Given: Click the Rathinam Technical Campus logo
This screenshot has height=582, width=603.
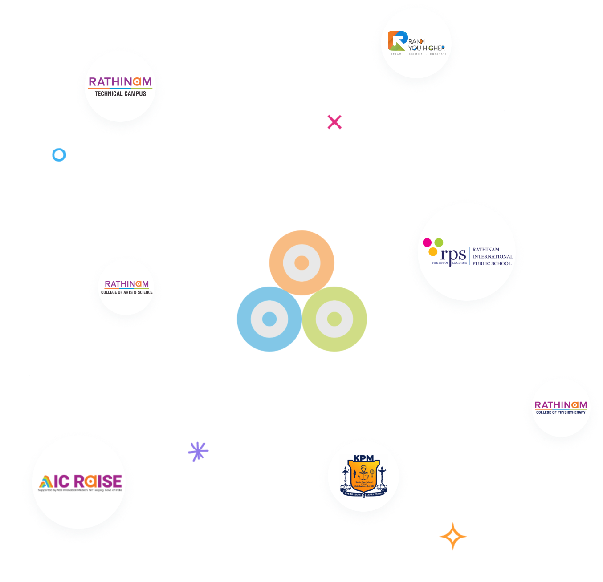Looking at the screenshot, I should (120, 86).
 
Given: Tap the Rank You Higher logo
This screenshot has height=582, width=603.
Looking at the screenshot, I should (416, 43).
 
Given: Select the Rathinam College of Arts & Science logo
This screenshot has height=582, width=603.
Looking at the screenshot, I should (126, 287).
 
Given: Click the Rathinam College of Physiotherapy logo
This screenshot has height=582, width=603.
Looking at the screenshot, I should (561, 407).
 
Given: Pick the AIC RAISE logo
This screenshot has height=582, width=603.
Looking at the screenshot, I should (80, 482).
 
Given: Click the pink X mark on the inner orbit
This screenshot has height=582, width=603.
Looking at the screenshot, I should (334, 122).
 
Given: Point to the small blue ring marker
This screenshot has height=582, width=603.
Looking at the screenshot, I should (59, 155).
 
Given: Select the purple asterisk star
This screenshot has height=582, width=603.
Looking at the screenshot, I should (198, 451).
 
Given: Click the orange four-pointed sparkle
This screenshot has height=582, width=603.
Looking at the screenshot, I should (453, 536).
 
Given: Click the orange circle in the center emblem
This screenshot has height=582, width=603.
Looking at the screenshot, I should (301, 263).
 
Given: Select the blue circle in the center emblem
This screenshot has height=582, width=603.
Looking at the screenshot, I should (269, 319).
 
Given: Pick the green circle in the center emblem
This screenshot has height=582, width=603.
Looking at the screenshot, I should (334, 319).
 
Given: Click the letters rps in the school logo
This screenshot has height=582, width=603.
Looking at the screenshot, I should (453, 255).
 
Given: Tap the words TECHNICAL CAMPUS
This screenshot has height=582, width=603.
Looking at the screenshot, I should (120, 94).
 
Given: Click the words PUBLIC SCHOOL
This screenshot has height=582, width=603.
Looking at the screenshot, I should (492, 263).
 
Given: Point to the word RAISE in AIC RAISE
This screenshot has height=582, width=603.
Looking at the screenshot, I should (98, 481).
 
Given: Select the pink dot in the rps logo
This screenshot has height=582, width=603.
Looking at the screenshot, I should (427, 242).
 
